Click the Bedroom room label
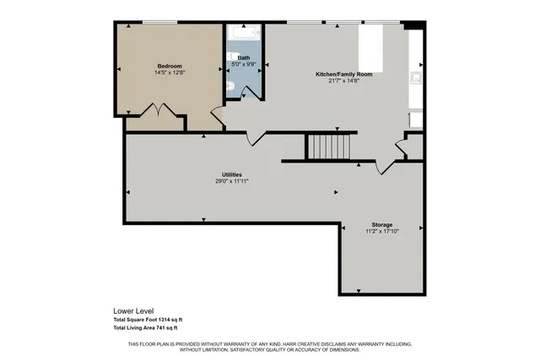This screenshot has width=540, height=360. [x=170, y=66]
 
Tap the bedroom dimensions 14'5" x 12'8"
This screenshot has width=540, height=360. [x=170, y=73]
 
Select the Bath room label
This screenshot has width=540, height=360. [x=244, y=57]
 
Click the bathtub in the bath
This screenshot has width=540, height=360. [x=244, y=36]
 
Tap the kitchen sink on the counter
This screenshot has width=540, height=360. [x=416, y=81]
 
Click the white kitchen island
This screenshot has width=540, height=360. [x=372, y=48]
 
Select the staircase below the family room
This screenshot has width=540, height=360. [x=327, y=147]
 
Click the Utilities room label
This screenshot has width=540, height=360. [x=232, y=174]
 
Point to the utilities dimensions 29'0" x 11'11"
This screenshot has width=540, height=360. [x=232, y=180]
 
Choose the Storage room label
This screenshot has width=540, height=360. [x=381, y=224]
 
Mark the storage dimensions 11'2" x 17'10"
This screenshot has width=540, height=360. [x=381, y=231]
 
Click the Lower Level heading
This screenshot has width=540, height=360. [x=132, y=310]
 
